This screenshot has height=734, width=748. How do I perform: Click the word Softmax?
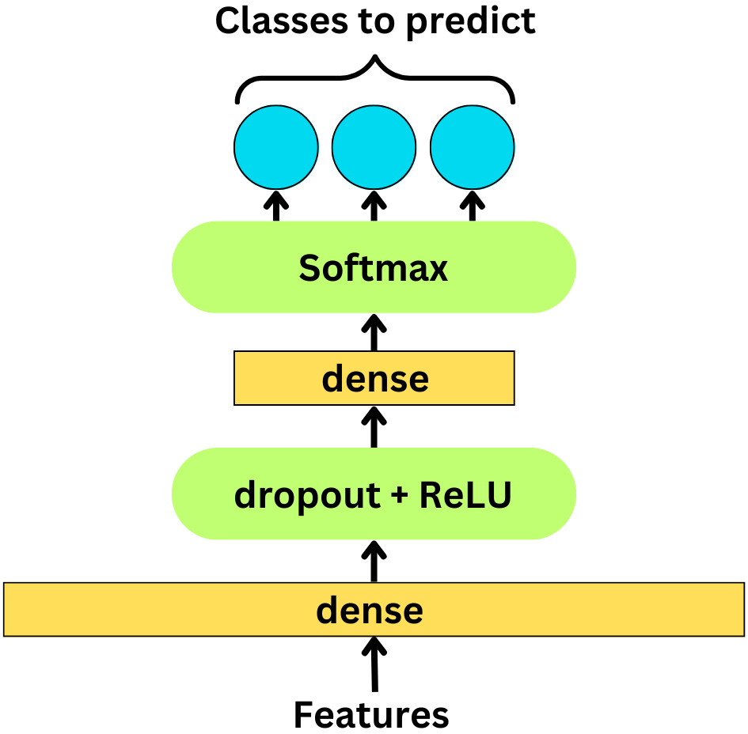click(373, 268)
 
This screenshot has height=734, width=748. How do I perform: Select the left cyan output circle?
click(275, 148)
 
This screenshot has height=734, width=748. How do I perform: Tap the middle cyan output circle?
click(374, 148)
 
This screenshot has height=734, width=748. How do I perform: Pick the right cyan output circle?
click(473, 148)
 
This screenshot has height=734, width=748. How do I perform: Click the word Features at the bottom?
click(371, 715)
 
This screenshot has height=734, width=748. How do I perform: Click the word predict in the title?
click(471, 21)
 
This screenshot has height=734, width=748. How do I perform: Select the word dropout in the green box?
click(295, 495)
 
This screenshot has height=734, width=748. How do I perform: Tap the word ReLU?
click(465, 495)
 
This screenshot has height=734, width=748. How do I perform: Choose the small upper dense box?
click(374, 379)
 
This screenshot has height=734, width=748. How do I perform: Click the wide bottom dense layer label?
click(370, 610)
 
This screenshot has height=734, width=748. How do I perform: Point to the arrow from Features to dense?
click(374, 664)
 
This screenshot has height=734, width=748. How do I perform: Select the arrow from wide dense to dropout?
click(374, 561)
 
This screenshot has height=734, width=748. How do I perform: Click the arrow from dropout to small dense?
click(374, 426)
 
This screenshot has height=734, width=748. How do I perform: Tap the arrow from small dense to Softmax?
click(374, 332)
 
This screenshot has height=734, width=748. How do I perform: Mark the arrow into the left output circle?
click(275, 205)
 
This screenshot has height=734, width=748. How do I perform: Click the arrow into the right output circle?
click(473, 205)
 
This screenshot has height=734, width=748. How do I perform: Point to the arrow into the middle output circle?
click(374, 205)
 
